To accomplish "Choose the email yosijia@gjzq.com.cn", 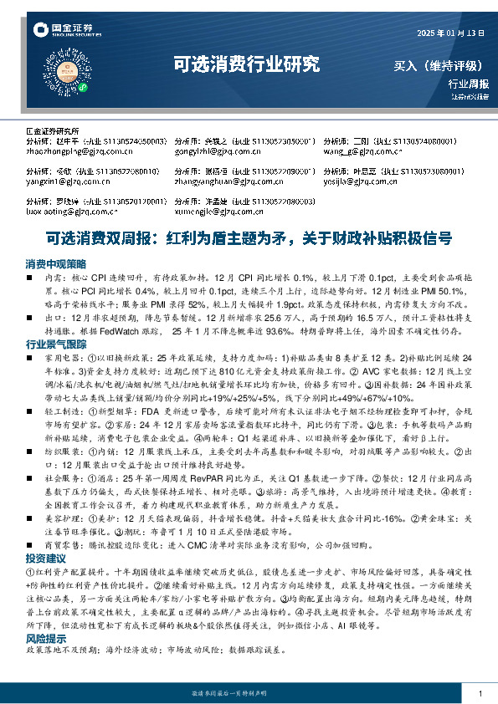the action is point(362,180).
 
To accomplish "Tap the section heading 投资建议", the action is point(45,557).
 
